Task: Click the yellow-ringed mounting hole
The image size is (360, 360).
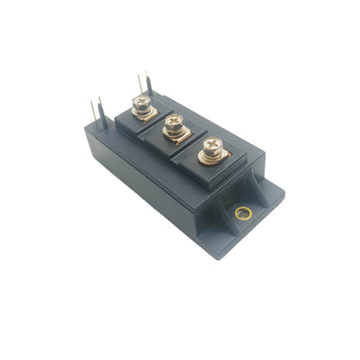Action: click(x=240, y=213)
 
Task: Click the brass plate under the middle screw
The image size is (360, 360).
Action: click(x=175, y=139)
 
